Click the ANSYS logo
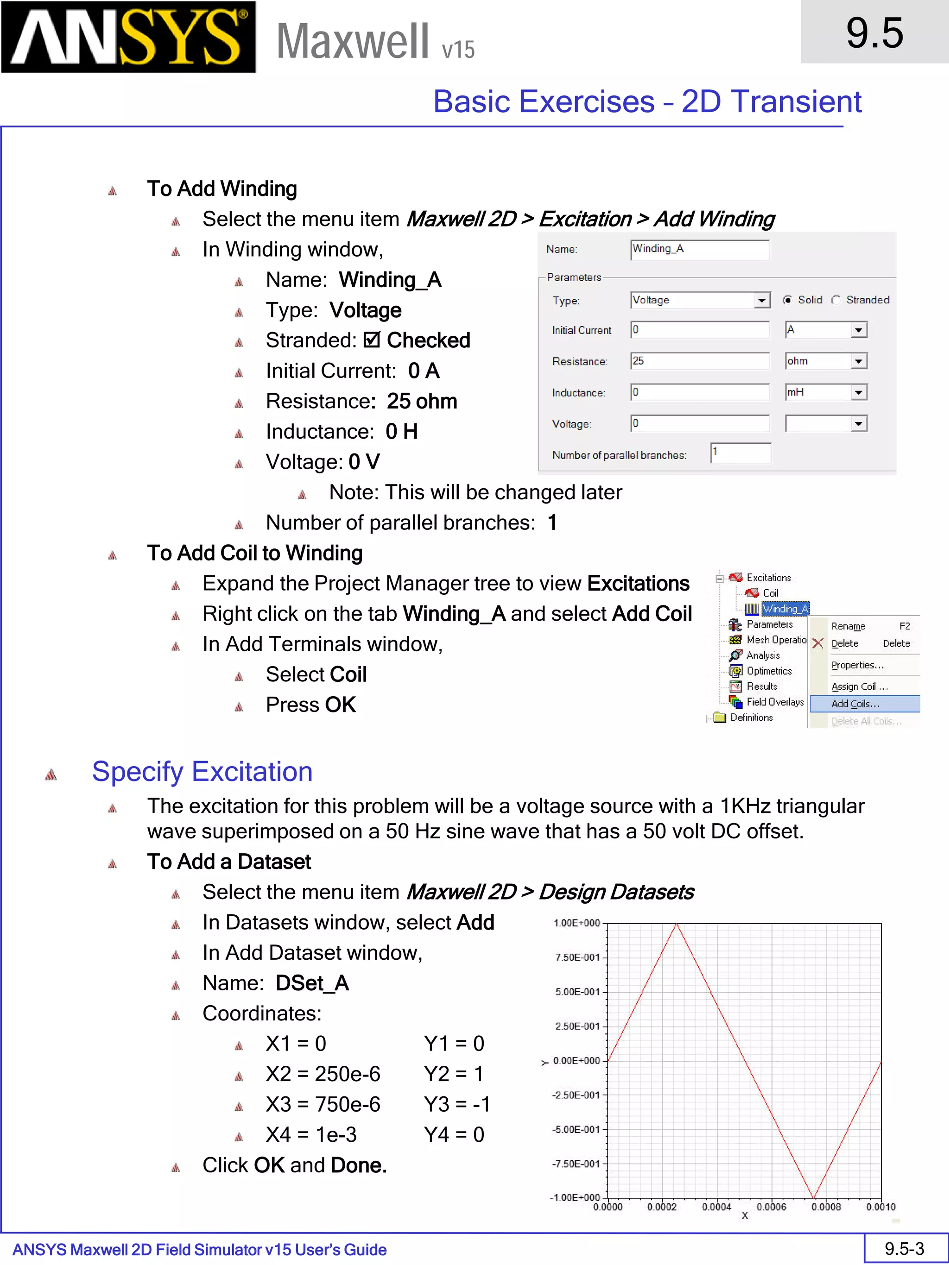point(128,37)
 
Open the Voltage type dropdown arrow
point(761,300)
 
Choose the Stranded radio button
point(836,300)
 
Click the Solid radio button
point(788,300)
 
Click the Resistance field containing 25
point(699,361)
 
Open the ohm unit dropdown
point(858,361)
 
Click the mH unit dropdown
point(858,392)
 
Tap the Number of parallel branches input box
point(740,453)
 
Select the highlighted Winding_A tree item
point(785,609)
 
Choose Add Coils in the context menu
point(856,704)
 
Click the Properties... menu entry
point(857,665)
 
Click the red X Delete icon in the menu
point(818,643)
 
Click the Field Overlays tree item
point(774,702)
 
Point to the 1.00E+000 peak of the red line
point(676,924)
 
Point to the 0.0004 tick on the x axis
point(716,1207)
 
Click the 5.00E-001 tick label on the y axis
point(577,992)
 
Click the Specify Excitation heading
point(202,772)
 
